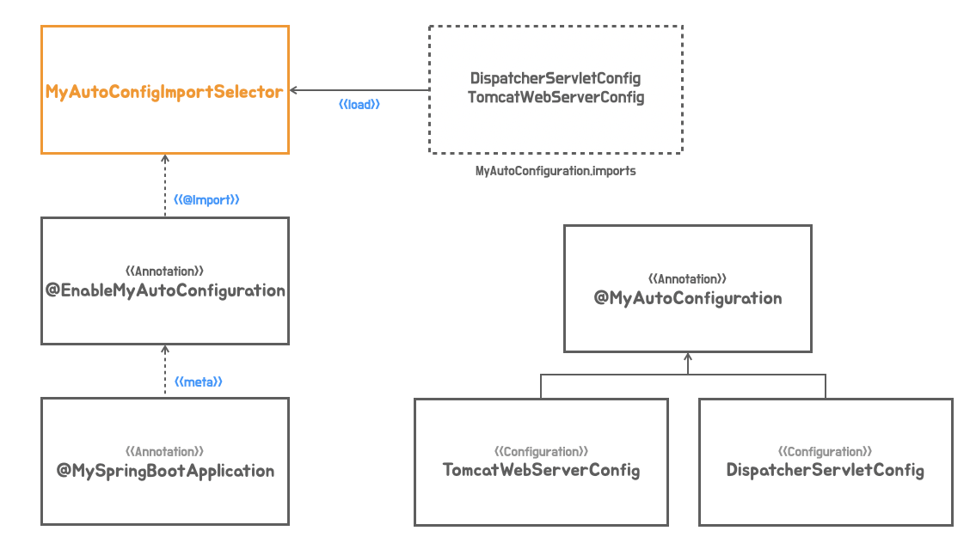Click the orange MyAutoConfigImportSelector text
click(164, 92)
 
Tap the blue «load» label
click(359, 105)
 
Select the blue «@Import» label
click(206, 199)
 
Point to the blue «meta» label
click(198, 381)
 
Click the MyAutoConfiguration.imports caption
click(556, 170)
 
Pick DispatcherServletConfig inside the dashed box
click(556, 78)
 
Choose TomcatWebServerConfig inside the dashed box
click(556, 97)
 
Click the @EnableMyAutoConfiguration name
click(165, 290)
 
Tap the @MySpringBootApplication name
click(165, 471)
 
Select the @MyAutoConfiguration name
click(688, 298)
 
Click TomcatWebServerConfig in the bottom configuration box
click(541, 470)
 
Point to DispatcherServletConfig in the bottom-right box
click(826, 470)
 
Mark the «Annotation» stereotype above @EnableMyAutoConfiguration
click(164, 271)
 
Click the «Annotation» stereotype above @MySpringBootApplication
click(164, 452)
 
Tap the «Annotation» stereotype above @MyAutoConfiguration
click(687, 278)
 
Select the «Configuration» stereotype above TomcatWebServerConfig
click(541, 452)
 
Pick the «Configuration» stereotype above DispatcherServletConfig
click(826, 452)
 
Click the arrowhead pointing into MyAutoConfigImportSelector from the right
click(293, 90)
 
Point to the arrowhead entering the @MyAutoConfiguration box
click(688, 357)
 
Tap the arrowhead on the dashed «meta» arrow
click(165, 349)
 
